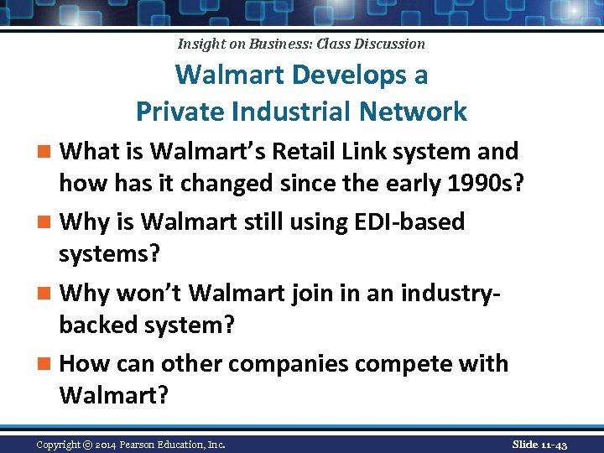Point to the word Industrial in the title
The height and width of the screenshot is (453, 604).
point(298,111)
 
